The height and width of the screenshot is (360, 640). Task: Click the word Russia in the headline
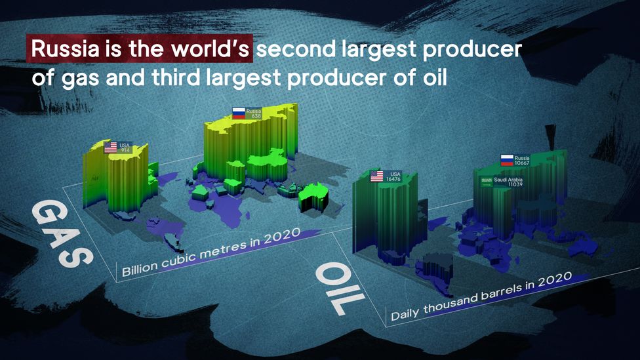pos(66,49)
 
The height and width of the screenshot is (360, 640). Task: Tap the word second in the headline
pos(296,49)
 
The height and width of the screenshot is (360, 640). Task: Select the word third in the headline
pos(177,77)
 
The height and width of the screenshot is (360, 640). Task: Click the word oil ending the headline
pos(435,77)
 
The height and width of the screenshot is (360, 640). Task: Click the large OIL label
pos(340,288)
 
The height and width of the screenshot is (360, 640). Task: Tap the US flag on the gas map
pos(111,148)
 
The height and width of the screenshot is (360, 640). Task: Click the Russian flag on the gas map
pos(239,113)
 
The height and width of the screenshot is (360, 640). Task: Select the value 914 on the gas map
pos(125,150)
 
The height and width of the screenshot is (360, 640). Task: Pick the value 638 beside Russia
pos(256,116)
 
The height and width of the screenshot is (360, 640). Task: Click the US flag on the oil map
pos(377,176)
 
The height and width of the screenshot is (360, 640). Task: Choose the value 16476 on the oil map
pos(393,179)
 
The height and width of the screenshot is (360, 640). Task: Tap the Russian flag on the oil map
pos(507,161)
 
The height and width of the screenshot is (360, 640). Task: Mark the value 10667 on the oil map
pos(521,163)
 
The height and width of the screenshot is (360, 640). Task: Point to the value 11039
pos(515,184)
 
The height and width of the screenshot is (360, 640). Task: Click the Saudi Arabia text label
pos(508,180)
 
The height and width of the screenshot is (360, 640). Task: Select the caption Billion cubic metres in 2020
pos(211,252)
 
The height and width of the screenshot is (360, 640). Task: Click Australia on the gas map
pos(313,197)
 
